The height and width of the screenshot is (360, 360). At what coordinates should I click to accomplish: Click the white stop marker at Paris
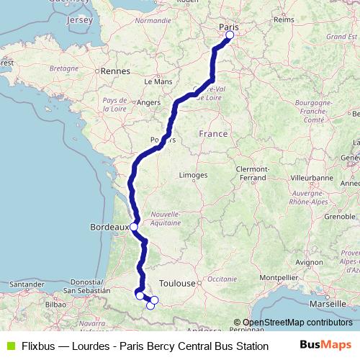[230, 35]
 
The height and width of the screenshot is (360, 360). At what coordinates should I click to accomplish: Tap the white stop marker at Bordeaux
[134, 227]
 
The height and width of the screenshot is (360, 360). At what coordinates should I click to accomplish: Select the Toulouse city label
[178, 284]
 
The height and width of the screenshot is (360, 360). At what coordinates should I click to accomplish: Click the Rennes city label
[115, 71]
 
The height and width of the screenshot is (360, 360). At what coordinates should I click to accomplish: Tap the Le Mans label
[158, 82]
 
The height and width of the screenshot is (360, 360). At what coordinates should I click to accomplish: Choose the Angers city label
[148, 103]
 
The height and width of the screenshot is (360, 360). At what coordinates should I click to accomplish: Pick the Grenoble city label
[320, 215]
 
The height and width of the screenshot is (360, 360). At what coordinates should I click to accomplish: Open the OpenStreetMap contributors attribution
[297, 323]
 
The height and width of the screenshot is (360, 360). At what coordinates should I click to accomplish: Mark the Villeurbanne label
[314, 176]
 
